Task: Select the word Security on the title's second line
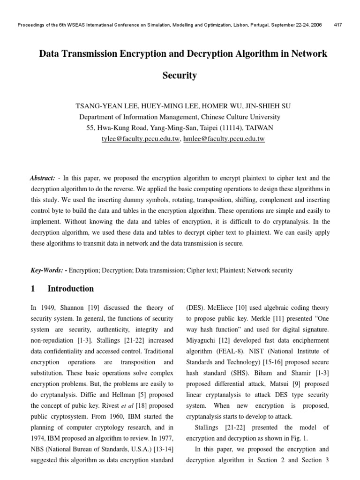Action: (180, 75)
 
